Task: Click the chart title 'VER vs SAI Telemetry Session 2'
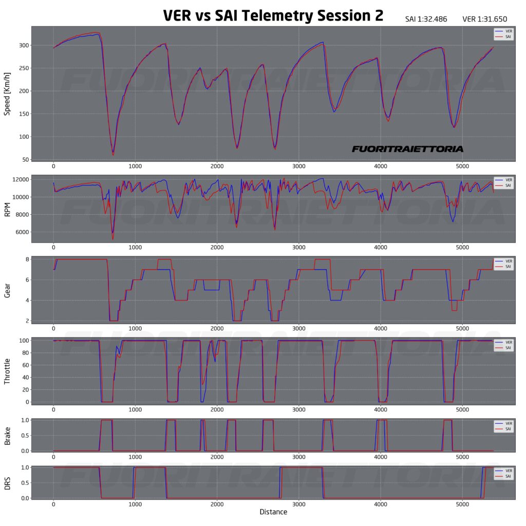(273, 15)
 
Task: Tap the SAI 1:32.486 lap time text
(426, 20)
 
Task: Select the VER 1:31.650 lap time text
(484, 20)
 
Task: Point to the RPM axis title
(8, 209)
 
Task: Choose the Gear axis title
(8, 290)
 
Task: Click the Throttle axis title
(8, 371)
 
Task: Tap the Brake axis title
(8, 435)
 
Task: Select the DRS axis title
(8, 483)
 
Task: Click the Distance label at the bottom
(273, 512)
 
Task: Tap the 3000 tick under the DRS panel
(299, 505)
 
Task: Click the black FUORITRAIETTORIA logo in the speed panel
(407, 149)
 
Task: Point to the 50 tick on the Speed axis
(24, 159)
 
